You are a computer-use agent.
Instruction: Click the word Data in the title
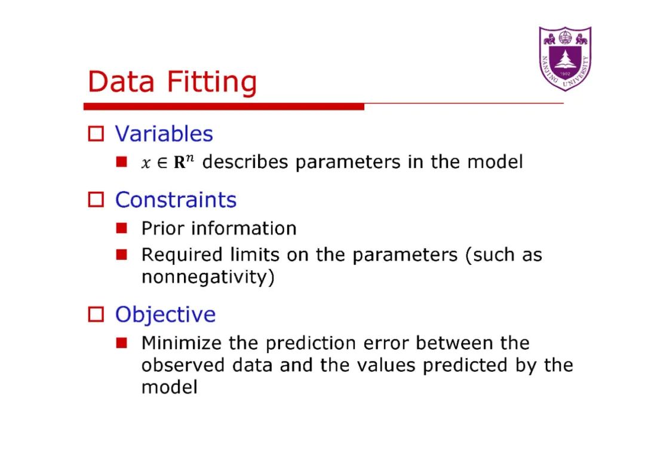click(x=121, y=81)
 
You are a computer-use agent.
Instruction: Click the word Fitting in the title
click(x=212, y=82)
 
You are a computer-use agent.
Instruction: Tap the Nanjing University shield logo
click(x=565, y=59)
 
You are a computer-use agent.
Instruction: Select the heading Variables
click(x=164, y=134)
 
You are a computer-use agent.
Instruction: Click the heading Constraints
click(x=176, y=200)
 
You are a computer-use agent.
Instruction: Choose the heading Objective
click(x=165, y=314)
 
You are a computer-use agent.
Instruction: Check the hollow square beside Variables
click(x=96, y=134)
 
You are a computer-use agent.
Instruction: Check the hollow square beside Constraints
click(x=96, y=200)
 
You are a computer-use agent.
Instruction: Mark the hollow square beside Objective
click(x=96, y=314)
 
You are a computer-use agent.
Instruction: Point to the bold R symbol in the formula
click(x=180, y=163)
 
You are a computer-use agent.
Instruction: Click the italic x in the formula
click(x=146, y=163)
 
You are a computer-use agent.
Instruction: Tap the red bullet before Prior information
click(x=121, y=228)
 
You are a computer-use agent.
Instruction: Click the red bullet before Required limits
click(x=121, y=255)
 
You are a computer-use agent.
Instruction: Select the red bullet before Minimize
click(x=121, y=342)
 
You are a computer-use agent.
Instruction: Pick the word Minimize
click(x=182, y=343)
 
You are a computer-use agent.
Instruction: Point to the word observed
click(x=183, y=365)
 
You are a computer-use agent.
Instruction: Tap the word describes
click(x=245, y=162)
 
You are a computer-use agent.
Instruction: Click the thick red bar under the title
click(x=224, y=106)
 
